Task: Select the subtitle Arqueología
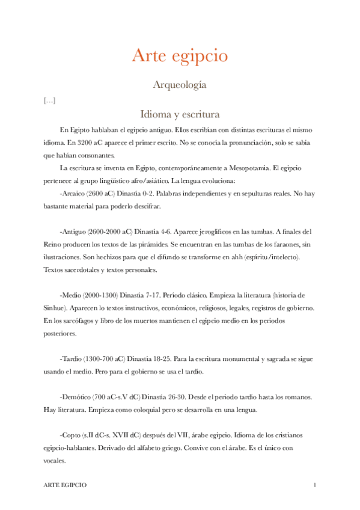coord(180,85)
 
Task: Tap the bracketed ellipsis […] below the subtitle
coord(50,100)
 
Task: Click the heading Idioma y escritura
coord(180,114)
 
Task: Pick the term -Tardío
coord(72,360)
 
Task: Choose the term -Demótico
coord(77,399)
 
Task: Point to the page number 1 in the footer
coord(314,485)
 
